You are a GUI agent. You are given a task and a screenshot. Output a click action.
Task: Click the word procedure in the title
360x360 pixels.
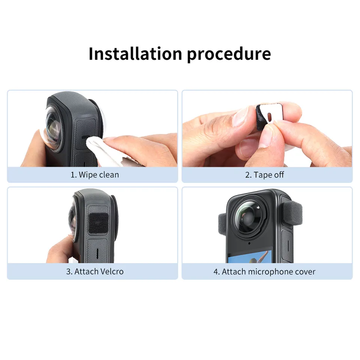(x=228, y=54)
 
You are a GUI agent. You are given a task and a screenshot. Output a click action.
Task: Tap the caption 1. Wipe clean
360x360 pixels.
(x=94, y=175)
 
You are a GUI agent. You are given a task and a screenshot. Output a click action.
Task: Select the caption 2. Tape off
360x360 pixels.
(x=264, y=175)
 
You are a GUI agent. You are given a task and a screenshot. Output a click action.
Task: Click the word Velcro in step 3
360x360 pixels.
(x=111, y=271)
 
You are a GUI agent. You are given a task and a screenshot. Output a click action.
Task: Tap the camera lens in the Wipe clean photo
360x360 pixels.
(x=52, y=129)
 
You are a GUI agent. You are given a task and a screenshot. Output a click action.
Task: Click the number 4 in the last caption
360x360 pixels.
(x=216, y=271)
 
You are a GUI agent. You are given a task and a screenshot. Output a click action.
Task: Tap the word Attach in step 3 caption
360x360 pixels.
(x=86, y=271)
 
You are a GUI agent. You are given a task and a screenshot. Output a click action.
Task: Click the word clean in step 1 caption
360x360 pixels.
(x=109, y=175)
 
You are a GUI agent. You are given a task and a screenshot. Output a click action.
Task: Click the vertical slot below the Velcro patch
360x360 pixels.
(x=97, y=253)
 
